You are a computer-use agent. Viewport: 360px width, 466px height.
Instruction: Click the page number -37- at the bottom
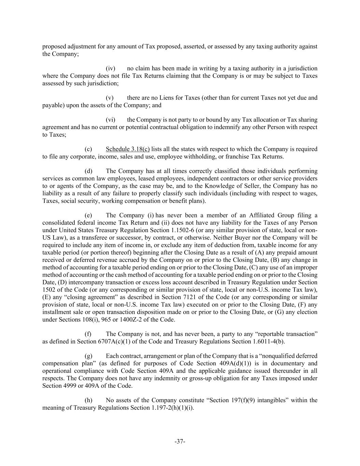tap(180, 441)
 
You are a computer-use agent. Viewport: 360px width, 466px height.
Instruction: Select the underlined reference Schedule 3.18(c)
tap(128, 149)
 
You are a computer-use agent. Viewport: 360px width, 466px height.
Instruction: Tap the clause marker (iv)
tap(110, 68)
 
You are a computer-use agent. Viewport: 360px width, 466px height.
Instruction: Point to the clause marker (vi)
tap(110, 120)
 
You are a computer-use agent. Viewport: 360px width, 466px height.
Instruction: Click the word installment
tap(56, 312)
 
